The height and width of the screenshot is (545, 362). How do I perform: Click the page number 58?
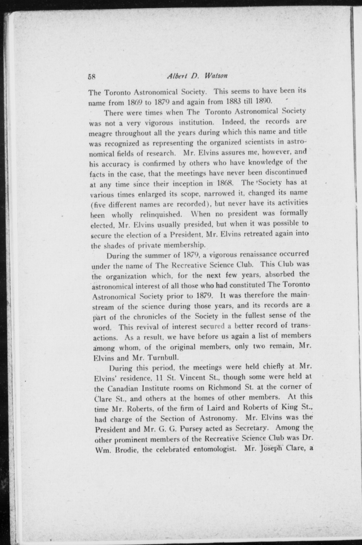pos(92,77)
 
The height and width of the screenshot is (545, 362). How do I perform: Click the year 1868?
pos(224,183)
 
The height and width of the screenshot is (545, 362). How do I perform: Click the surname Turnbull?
pos(163,358)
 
